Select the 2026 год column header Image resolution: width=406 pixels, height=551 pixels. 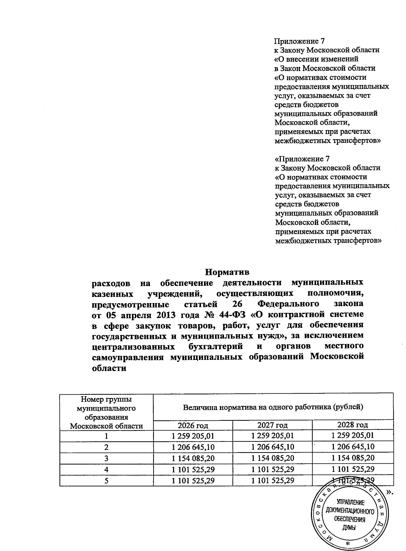(193, 425)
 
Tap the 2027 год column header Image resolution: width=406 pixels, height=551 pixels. (272, 425)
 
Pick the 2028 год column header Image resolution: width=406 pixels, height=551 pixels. (353, 425)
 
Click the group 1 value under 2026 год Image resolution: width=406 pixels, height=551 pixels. (193, 436)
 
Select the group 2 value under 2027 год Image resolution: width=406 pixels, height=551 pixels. (272, 447)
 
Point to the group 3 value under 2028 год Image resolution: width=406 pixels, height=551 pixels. (353, 458)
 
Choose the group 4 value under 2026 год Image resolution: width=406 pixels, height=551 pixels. (193, 469)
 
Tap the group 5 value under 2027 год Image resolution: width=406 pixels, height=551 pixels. (272, 480)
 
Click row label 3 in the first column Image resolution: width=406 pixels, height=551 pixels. (106, 458)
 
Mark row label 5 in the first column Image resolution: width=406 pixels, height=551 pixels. (106, 480)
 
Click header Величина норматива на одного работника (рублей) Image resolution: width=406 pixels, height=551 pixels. (273, 407)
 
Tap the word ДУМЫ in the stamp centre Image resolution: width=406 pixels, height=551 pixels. (349, 528)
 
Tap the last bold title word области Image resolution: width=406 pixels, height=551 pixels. (109, 368)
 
